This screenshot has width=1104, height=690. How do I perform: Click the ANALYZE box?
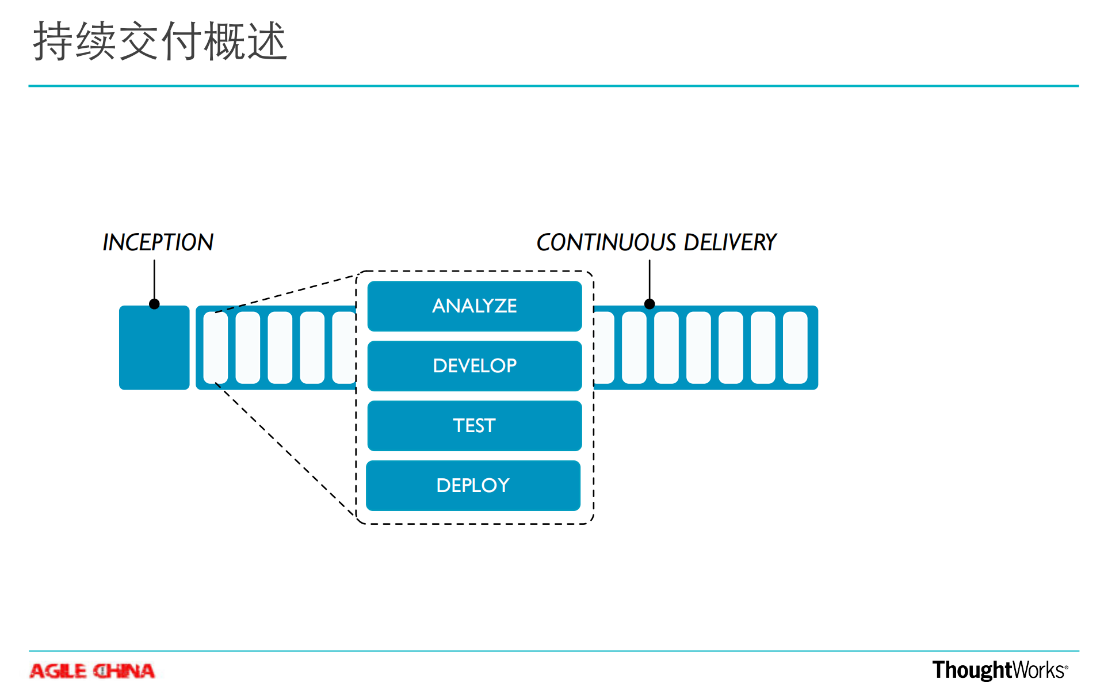coord(474,306)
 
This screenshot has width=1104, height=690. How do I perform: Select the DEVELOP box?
coord(474,365)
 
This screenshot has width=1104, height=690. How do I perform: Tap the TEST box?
coord(474,425)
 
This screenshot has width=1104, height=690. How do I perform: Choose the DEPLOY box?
coord(473,485)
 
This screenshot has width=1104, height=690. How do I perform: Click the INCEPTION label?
coord(158,242)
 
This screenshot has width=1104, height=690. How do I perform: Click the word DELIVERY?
coord(730,242)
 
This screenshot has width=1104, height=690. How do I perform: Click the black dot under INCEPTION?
coord(154,304)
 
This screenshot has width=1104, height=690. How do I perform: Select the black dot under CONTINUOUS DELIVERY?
coord(650,304)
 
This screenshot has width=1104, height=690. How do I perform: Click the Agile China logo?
coord(92,671)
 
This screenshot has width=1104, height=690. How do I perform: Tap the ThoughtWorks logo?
coord(999,670)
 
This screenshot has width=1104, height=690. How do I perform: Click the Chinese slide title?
coord(160,41)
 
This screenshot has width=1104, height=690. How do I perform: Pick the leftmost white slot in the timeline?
coord(216,348)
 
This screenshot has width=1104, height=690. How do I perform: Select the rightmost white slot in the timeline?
coord(795,348)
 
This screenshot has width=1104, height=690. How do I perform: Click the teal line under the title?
coord(552,86)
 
